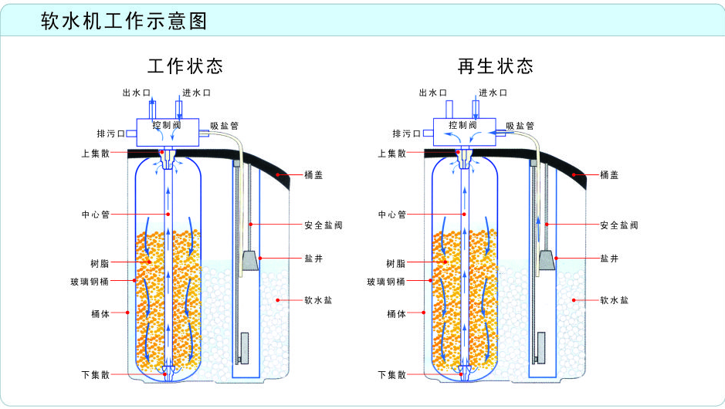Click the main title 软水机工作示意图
coord(124,21)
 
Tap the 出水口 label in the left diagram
coord(136,93)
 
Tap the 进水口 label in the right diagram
coord(493,93)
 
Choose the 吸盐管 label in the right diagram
coord(520,126)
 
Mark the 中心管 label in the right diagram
coord(391,214)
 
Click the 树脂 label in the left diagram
coord(100,262)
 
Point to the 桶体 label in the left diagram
coord(100,313)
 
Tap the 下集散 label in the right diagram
coord(391,375)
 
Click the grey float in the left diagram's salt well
coord(249,262)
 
